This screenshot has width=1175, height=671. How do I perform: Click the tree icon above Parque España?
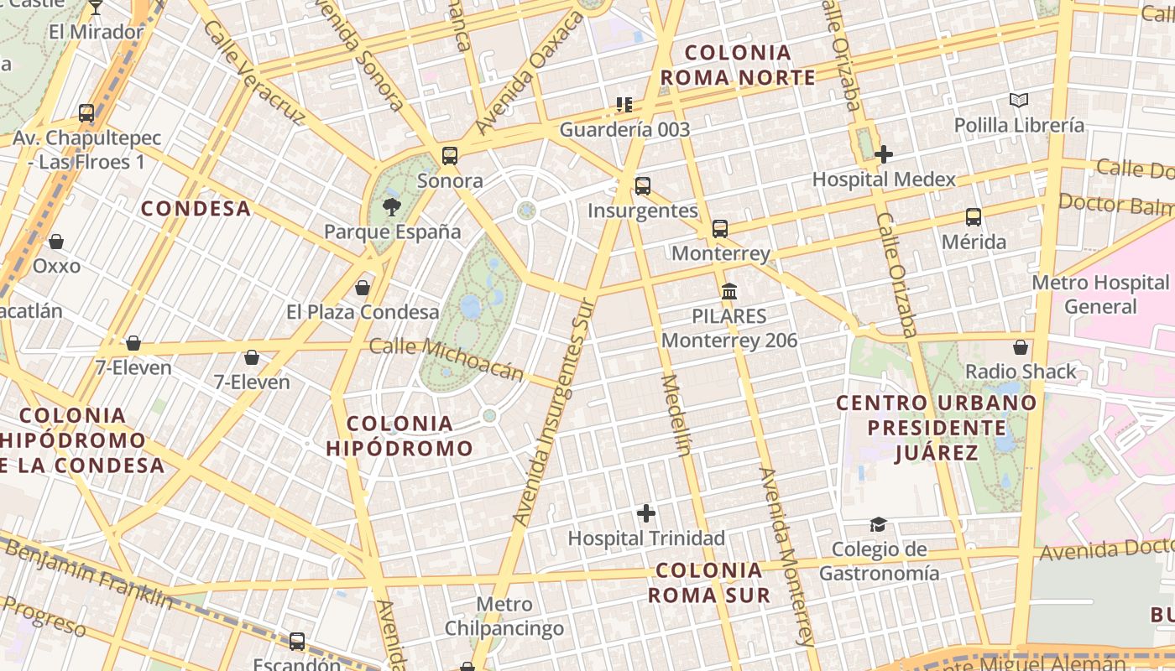point(391,206)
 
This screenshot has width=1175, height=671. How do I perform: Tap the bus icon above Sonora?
point(450,155)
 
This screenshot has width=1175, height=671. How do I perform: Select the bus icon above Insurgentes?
point(643,185)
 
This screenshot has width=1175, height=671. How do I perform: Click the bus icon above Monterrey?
point(720,228)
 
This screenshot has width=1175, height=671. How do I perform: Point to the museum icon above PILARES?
point(729,292)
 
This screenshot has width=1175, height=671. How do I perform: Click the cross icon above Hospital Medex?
point(883,154)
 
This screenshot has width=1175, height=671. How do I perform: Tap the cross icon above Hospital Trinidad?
point(646,512)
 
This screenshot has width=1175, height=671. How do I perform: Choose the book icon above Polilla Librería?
point(1019,101)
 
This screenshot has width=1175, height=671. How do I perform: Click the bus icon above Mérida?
point(974,217)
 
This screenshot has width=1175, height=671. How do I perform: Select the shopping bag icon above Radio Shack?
point(1021,346)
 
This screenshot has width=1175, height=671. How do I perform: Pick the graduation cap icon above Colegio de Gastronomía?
point(878,524)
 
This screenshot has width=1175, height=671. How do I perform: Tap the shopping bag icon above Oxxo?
point(56,242)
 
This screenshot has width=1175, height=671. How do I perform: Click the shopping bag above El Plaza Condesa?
point(363,288)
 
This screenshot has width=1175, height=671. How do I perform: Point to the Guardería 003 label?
point(624,129)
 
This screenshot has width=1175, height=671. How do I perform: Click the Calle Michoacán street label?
point(446,358)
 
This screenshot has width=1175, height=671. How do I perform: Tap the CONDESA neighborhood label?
point(196,209)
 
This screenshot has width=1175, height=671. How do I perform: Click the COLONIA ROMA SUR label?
point(710,583)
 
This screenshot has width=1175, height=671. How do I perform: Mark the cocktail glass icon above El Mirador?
point(96,8)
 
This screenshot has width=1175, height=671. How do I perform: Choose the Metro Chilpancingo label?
point(504,616)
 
